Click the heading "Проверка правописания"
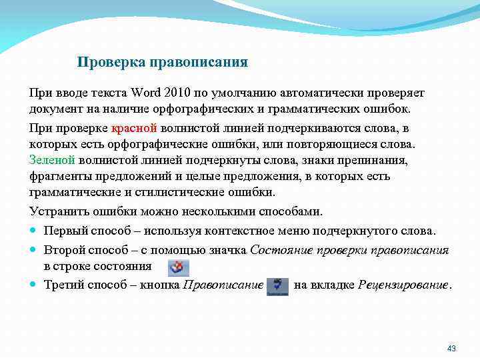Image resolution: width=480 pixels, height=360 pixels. click(162, 63)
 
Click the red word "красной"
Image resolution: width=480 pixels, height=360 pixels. click(134, 127)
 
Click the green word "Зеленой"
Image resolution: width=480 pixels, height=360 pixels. click(51, 161)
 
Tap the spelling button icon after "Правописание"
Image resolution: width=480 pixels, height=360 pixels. click(277, 286)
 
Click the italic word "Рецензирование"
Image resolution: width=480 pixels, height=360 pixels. click(403, 285)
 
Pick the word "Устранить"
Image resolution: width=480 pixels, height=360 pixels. click(56, 211)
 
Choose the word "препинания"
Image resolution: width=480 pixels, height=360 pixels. click(382, 161)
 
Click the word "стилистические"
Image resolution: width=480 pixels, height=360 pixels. click(173, 193)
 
